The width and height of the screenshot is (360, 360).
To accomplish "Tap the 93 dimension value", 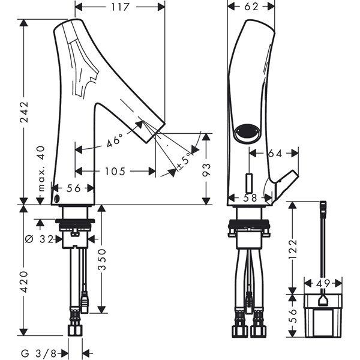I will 207,169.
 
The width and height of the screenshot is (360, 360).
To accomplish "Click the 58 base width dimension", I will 251,197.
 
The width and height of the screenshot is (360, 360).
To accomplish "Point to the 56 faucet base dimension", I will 74,188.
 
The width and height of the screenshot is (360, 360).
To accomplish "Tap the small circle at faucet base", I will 57,199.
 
